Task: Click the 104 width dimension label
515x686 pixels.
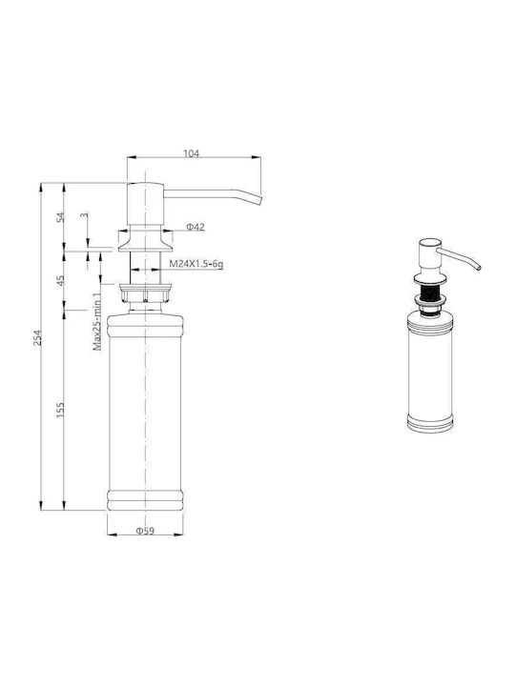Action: [191, 153]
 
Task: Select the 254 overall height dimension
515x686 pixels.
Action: [38, 337]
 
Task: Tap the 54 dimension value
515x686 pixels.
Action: [61, 217]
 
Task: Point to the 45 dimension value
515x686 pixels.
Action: [61, 280]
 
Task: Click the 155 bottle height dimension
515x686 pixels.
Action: [61, 410]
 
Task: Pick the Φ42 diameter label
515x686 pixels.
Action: [196, 227]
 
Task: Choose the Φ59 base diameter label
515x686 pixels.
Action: [145, 531]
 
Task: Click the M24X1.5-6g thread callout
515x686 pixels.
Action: [196, 264]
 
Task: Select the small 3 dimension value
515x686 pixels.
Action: [84, 215]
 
